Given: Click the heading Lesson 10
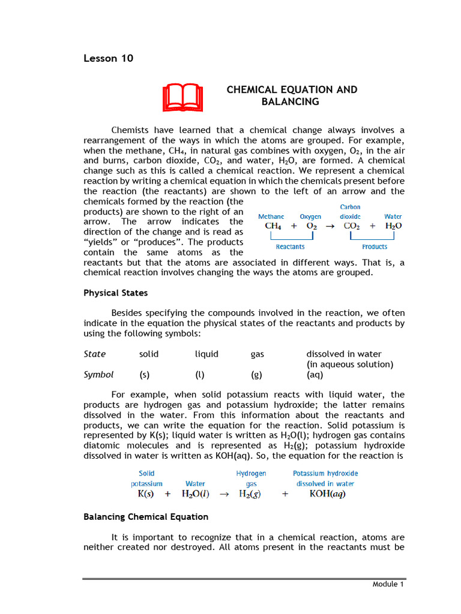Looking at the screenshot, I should (x=108, y=58).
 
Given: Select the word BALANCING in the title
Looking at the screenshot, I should (x=290, y=102).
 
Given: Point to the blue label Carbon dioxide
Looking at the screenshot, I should (x=350, y=212).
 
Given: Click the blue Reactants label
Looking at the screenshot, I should (x=290, y=246).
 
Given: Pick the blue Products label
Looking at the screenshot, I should (x=375, y=246).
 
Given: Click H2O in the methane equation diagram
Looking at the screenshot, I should (x=393, y=226).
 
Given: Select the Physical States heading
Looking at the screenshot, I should (x=115, y=293).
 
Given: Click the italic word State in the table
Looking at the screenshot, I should (x=94, y=354).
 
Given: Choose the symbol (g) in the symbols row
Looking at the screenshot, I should (x=257, y=375).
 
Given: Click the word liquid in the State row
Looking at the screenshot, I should (x=206, y=354).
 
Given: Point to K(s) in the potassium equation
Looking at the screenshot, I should (x=145, y=495).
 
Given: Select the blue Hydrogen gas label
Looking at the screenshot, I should (x=251, y=478).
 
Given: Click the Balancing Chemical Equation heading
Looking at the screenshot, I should (x=146, y=516).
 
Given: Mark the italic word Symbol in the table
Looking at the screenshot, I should (x=98, y=375).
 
